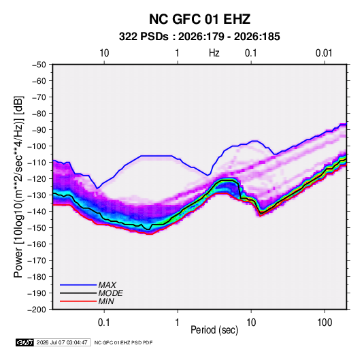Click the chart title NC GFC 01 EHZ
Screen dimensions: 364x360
tap(199, 19)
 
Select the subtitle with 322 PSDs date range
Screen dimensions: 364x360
tap(199, 37)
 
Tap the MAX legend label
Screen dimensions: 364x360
tap(107, 284)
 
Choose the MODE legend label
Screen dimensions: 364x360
tap(110, 293)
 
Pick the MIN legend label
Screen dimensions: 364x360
tap(106, 301)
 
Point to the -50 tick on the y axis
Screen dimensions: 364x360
tap(39, 65)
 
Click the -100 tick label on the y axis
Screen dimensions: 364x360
tap(37, 146)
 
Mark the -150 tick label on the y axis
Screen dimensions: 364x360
tap(37, 227)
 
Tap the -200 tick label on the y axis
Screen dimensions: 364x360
tap(37, 310)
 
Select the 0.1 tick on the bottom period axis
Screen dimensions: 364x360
tap(104, 323)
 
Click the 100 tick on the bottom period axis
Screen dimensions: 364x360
tap(325, 323)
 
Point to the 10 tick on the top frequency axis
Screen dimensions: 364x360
tap(104, 53)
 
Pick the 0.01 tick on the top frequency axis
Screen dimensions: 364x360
tap(324, 53)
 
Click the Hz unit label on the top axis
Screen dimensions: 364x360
tap(214, 53)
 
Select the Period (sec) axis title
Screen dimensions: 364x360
tap(214, 330)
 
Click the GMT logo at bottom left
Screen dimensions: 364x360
tap(25, 342)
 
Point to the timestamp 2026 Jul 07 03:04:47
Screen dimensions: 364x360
tap(62, 342)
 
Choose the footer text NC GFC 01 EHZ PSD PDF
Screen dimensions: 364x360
tap(123, 342)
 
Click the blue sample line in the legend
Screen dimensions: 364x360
tap(78, 285)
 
